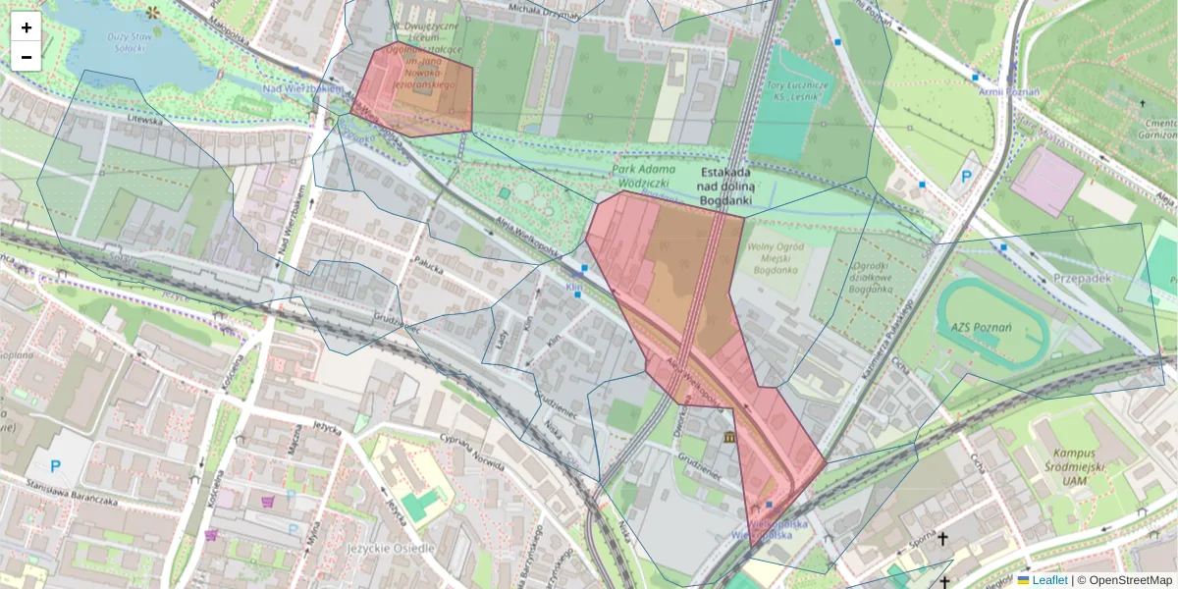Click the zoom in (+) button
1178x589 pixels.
pyautogui.click(x=27, y=27)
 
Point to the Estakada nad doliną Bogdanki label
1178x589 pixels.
pyautogui.click(x=724, y=185)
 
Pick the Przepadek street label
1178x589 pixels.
pyautogui.click(x=1081, y=278)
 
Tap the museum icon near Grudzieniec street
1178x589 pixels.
pyautogui.click(x=728, y=436)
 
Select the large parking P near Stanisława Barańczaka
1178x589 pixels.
pyautogui.click(x=55, y=467)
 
